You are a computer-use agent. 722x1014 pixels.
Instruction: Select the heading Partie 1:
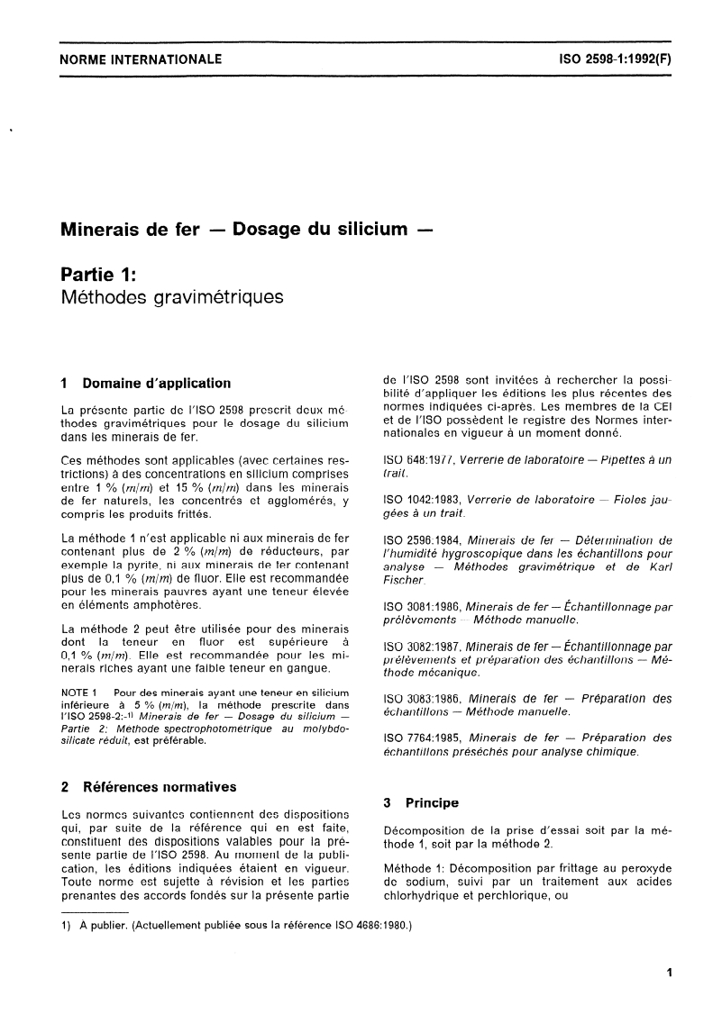coord(97,272)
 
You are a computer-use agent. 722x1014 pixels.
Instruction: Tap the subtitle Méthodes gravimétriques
coord(171,296)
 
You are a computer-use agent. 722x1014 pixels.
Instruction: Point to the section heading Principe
coord(432,802)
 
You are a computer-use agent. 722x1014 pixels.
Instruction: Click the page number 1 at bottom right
coord(668,972)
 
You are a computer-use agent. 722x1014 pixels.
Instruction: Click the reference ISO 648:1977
coord(420,459)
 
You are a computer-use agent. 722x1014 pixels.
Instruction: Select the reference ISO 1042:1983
coord(424,499)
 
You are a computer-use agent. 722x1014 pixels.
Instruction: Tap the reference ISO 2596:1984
coord(424,539)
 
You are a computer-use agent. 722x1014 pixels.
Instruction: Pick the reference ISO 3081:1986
coord(424,606)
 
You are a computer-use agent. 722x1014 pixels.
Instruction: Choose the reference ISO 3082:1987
coord(424,646)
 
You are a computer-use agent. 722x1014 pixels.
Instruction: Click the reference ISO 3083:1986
coord(424,698)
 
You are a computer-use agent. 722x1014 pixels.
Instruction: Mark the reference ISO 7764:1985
coord(424,738)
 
